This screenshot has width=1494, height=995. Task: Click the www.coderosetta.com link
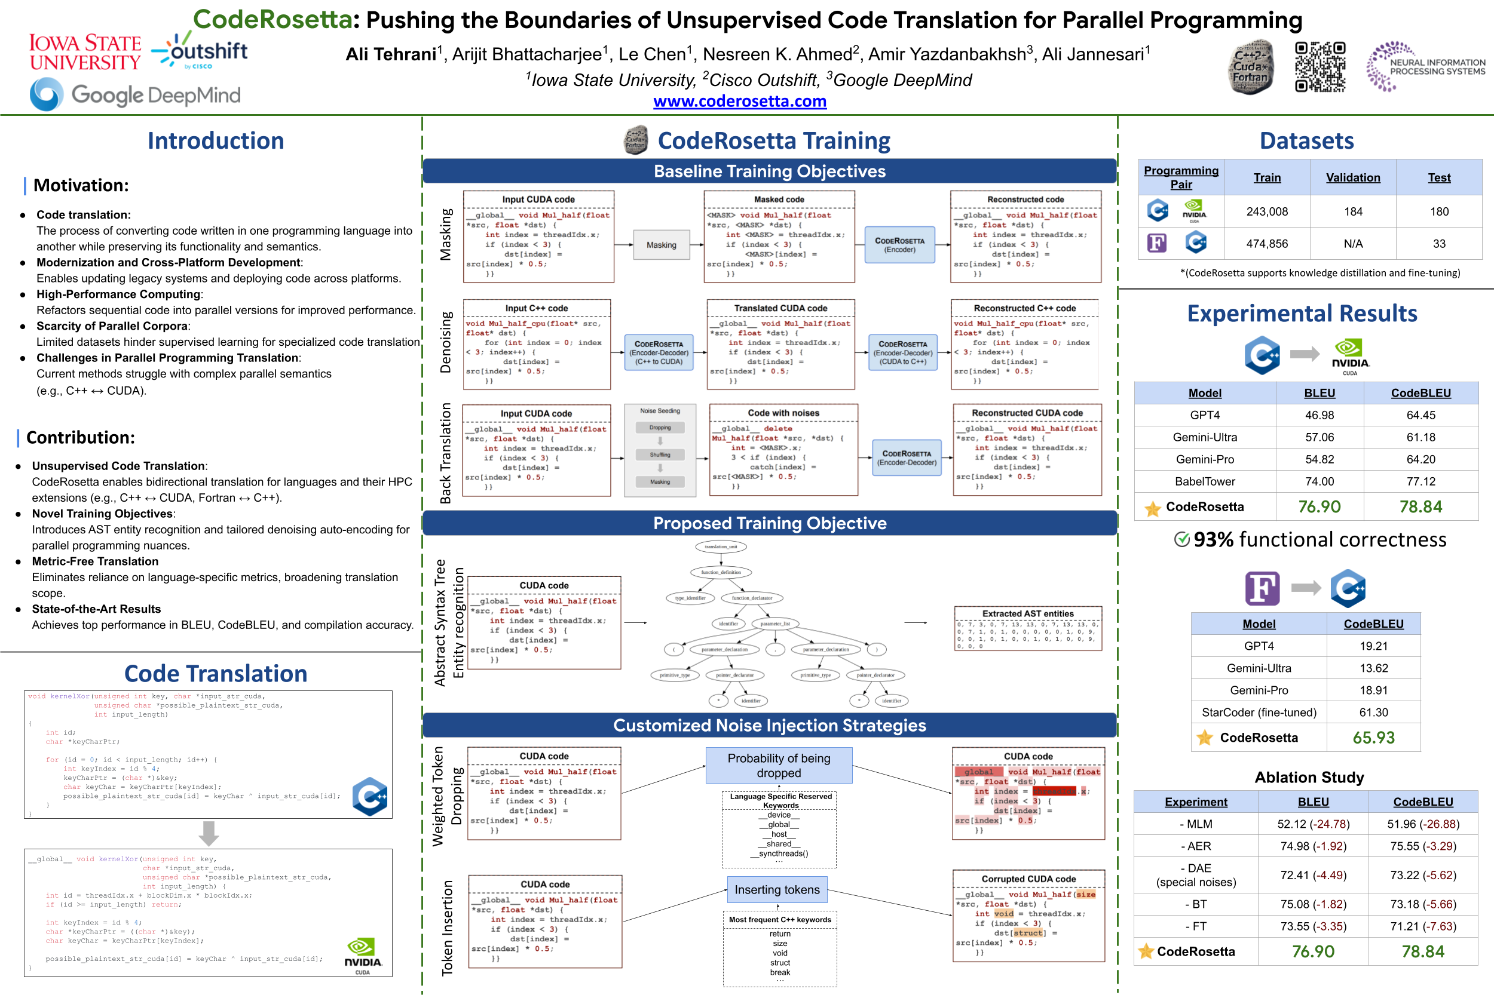740,102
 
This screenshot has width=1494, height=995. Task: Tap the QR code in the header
1320,67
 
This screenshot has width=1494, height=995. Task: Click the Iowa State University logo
85,52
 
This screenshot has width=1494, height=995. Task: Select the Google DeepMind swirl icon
47,94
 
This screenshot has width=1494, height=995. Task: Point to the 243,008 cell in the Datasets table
1267,211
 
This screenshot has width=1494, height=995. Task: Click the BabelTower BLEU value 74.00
1319,481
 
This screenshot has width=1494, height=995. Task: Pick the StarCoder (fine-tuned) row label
1259,712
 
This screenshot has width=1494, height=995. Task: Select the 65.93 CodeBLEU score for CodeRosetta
1373,738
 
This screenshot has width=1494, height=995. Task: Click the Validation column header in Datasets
1352,178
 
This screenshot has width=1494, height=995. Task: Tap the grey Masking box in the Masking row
661,245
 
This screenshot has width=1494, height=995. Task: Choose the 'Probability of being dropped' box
779,765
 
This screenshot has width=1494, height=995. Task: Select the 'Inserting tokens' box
776,890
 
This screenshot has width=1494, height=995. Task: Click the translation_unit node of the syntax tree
721,546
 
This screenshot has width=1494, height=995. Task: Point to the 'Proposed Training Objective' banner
769,523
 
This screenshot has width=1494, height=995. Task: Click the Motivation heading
81,185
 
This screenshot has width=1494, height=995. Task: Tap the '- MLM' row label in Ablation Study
1196,824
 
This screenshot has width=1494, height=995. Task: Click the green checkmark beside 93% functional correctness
1181,539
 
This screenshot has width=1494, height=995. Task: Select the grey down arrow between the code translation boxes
208,833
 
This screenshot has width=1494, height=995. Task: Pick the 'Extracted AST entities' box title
1027,613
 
